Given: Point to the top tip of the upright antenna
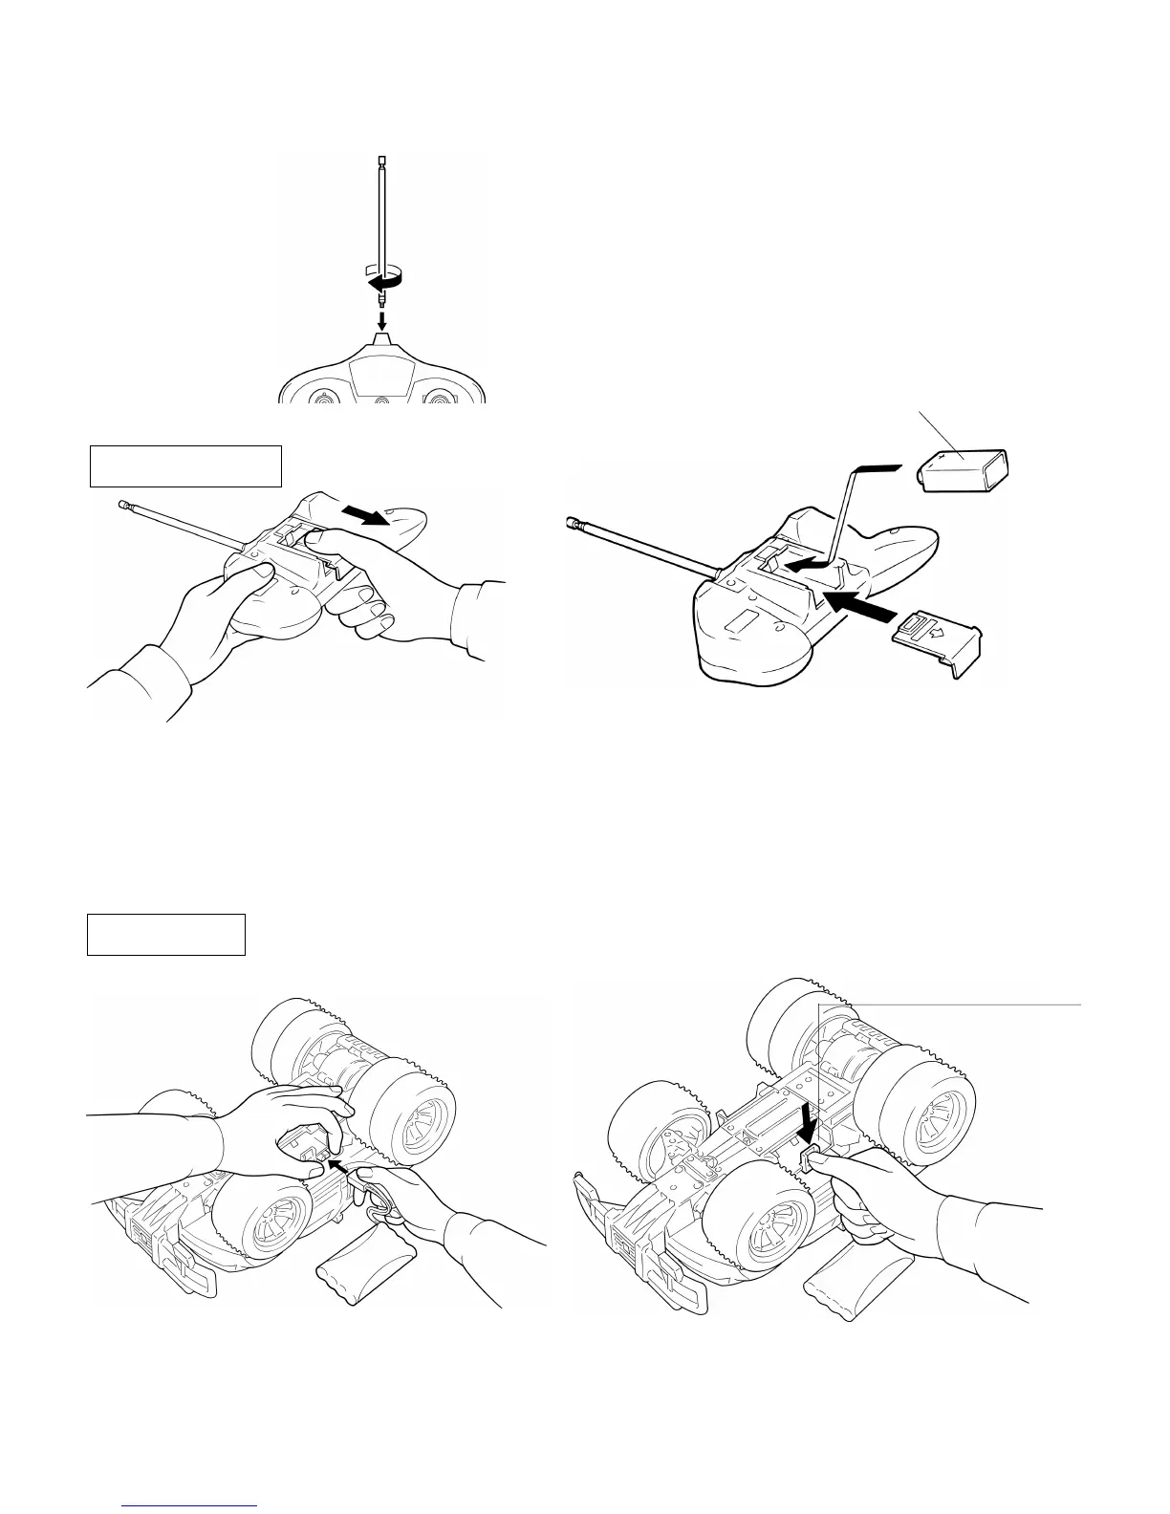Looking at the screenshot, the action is (x=381, y=158).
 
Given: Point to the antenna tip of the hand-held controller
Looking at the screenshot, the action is (x=122, y=503).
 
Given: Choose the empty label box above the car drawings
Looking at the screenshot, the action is (x=166, y=934).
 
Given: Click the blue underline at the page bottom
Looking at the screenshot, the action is (x=191, y=1505).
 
